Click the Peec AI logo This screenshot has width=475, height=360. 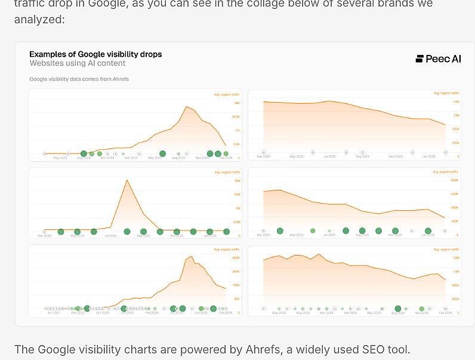tap(438, 59)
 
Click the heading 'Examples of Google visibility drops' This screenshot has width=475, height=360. tap(95, 54)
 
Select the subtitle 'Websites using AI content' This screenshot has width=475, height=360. tap(78, 63)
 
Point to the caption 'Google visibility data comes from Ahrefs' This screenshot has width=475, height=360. tap(79, 79)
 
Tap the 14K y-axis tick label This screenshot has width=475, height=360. tap(237, 103)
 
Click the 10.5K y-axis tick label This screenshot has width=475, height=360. tap(236, 116)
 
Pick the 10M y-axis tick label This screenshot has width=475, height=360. tap(237, 181)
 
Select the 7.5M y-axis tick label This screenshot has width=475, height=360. tap(237, 195)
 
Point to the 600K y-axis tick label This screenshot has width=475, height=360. tap(455, 180)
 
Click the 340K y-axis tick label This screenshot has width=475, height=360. tap(236, 258)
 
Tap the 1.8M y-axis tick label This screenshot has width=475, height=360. tap(456, 258)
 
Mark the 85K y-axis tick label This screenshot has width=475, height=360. tap(237, 299)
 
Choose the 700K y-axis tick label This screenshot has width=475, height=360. tap(455, 129)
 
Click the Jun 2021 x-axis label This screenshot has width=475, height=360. tap(54, 313)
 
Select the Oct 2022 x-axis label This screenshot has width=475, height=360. tap(103, 313)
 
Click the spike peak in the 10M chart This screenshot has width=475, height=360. tap(127, 180)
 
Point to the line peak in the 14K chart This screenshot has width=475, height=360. tap(187, 106)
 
